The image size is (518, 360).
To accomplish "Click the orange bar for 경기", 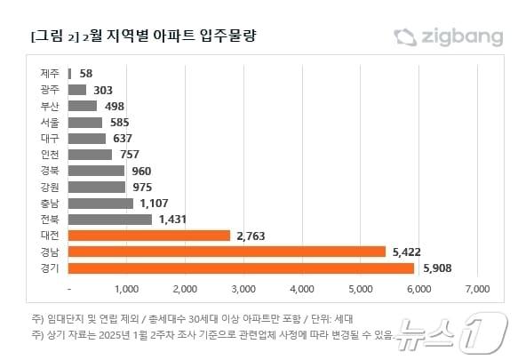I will click(241, 268).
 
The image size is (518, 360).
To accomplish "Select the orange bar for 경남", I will click(227, 252).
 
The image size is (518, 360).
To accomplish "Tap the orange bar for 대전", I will click(149, 236).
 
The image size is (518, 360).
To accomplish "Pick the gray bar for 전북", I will click(110, 220).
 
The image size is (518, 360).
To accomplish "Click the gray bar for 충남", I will click(100, 204).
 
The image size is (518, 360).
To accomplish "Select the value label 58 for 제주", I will click(86, 73).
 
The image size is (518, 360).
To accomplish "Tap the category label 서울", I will click(51, 122).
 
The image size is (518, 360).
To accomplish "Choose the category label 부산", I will click(51, 106).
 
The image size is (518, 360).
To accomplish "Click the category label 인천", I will click(51, 155).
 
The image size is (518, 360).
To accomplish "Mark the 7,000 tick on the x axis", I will click(477, 289).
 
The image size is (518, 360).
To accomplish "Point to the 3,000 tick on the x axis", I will click(243, 289).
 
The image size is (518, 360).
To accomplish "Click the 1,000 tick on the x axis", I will click(126, 289).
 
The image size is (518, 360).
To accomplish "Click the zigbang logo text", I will click(463, 36).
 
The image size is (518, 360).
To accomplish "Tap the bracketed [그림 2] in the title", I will click(52, 37).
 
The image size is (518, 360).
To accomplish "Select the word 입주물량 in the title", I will click(239, 37).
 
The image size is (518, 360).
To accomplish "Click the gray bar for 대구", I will click(87, 138).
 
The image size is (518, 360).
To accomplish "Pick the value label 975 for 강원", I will click(142, 187).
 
